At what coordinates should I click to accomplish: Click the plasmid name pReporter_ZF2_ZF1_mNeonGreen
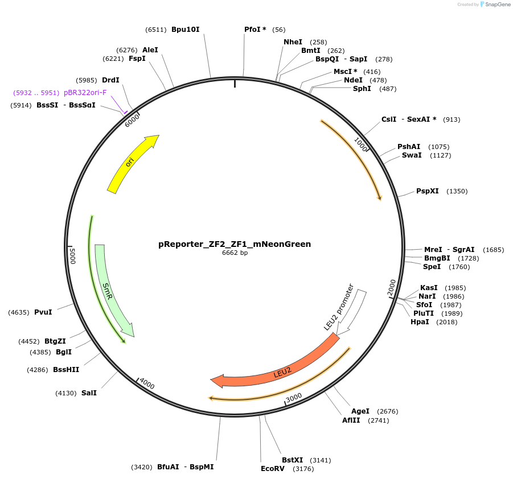235,244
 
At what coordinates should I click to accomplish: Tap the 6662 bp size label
235,253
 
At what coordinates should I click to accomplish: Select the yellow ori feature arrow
130,164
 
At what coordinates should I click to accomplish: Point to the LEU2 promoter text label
339,307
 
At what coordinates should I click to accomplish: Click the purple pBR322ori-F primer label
85,93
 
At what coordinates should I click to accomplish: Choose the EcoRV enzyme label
272,469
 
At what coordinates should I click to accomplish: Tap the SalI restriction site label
89,393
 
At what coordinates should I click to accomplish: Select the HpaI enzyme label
420,322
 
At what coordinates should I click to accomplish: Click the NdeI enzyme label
353,80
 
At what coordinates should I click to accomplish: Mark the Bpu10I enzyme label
186,29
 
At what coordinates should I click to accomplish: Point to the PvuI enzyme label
43,312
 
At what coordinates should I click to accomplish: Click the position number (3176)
303,469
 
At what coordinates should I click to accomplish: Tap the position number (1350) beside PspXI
457,191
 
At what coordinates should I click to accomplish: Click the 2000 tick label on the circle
392,288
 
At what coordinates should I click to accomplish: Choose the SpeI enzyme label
432,266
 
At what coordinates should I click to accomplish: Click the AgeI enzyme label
360,411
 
